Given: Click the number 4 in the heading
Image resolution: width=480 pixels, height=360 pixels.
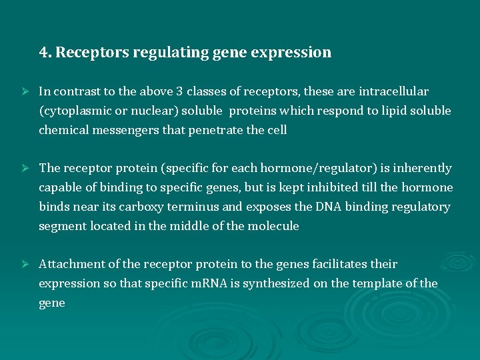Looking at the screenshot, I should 43,53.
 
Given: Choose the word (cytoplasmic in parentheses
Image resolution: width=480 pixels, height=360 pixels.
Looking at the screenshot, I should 71,111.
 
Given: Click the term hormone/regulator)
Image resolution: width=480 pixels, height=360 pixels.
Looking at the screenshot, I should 313,169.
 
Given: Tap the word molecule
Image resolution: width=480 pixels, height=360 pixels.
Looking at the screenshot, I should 273,227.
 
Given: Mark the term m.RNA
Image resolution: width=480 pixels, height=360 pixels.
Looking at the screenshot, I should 209,284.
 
